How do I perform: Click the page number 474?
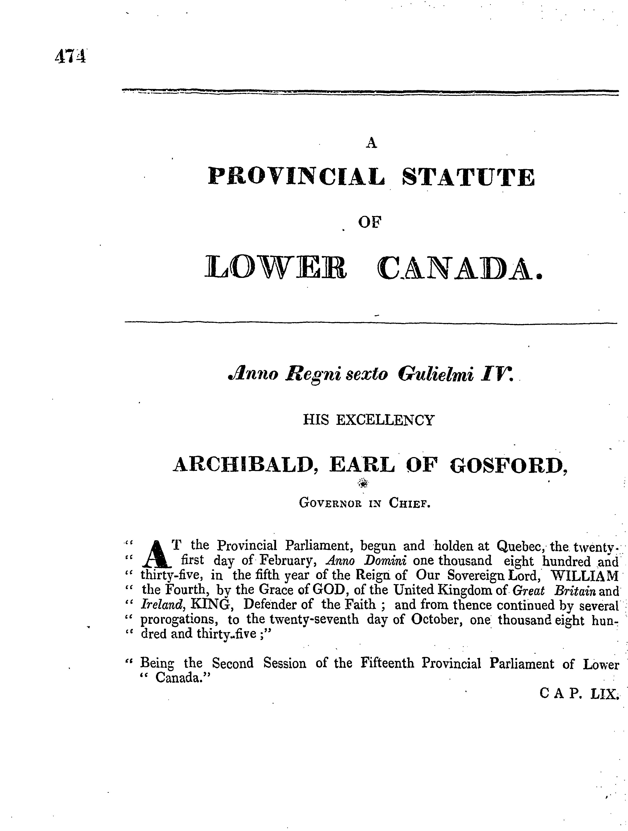pyautogui.click(x=70, y=56)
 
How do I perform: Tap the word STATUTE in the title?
pyautogui.click(x=468, y=177)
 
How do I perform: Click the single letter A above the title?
pyautogui.click(x=371, y=143)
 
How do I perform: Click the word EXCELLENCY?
pyautogui.click(x=384, y=420)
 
